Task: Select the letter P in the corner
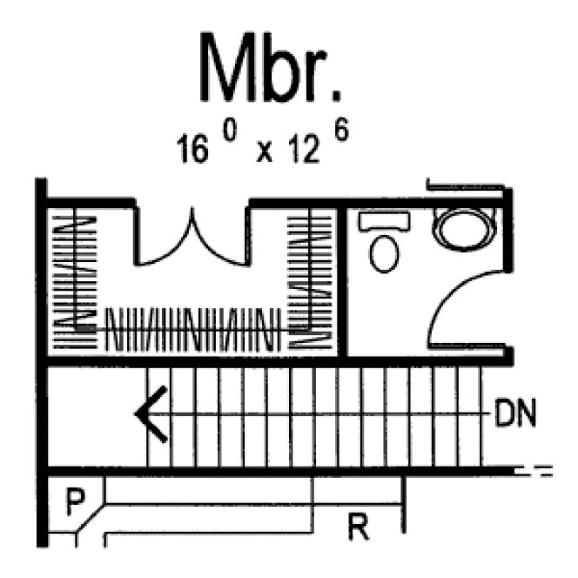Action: (76, 502)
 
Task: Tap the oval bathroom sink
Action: (460, 229)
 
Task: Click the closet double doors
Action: (192, 239)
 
